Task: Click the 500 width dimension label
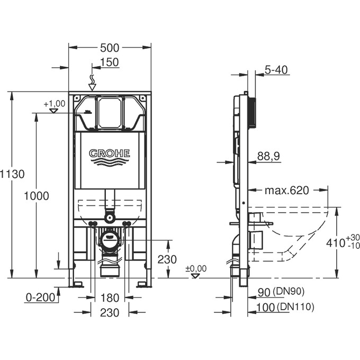click(x=110, y=48)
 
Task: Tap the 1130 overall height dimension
click(x=12, y=174)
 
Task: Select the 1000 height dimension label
click(x=36, y=196)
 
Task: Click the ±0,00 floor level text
click(x=196, y=268)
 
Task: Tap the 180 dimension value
click(x=110, y=298)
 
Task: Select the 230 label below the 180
click(x=110, y=313)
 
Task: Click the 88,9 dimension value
click(x=269, y=156)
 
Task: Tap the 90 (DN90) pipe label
click(x=282, y=292)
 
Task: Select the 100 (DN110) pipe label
click(x=285, y=307)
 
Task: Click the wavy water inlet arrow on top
click(x=92, y=82)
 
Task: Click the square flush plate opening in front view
click(x=110, y=112)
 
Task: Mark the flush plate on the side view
click(x=252, y=112)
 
